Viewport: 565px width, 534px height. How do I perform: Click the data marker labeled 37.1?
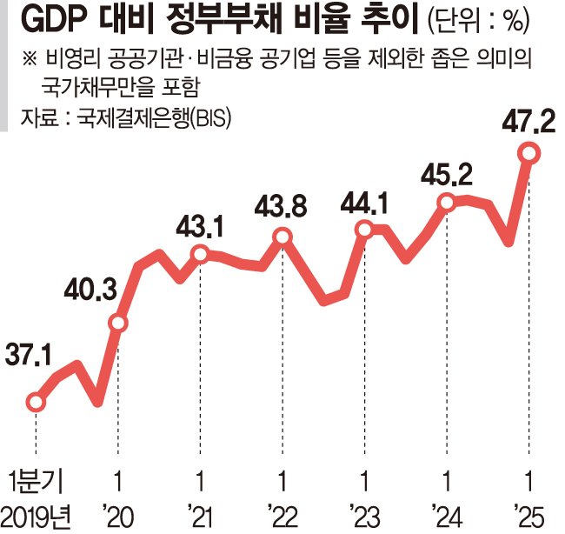(36, 402)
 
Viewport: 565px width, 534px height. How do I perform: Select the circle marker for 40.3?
(118, 324)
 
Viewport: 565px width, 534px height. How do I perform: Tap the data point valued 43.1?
(200, 255)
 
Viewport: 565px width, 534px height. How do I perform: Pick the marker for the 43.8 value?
(282, 237)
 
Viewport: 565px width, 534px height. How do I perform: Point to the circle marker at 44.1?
(364, 230)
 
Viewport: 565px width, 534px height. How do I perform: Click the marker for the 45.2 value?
(446, 203)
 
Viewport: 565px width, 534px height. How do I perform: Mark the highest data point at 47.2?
(528, 154)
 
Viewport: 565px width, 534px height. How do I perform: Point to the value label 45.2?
(449, 177)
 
